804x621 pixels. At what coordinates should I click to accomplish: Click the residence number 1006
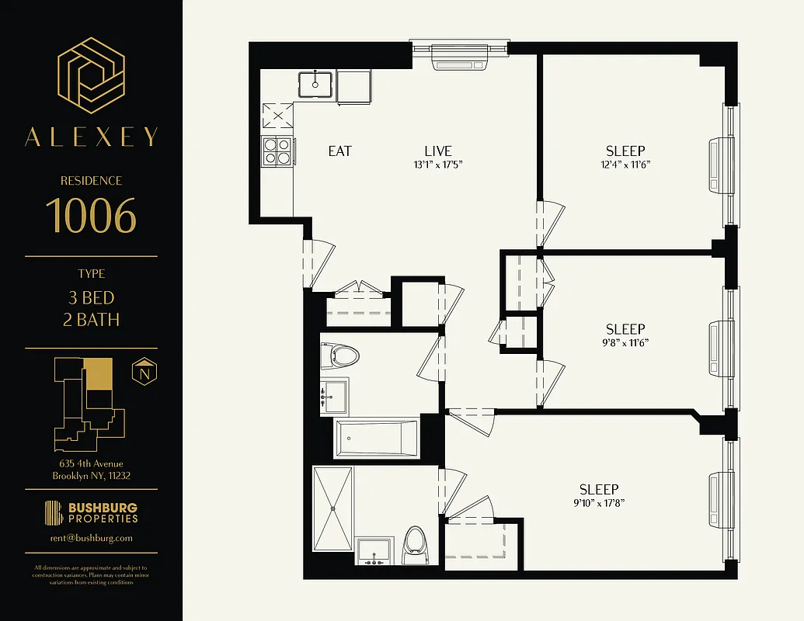point(91,216)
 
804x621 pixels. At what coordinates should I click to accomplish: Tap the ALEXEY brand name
point(91,137)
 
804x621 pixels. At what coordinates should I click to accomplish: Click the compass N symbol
point(144,371)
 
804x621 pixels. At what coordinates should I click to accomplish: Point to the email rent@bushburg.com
point(91,537)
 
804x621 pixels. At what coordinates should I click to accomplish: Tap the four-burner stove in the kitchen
point(277,150)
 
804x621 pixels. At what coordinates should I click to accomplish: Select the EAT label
point(340,151)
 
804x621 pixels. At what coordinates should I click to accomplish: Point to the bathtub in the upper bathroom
point(376,439)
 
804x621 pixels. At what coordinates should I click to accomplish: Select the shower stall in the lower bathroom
point(333,507)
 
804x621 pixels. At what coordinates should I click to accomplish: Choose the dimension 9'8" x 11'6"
point(625,342)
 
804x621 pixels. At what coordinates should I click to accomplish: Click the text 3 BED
point(91,298)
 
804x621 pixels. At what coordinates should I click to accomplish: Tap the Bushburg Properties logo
point(91,512)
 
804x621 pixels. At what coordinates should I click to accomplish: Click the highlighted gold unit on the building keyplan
point(98,373)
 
